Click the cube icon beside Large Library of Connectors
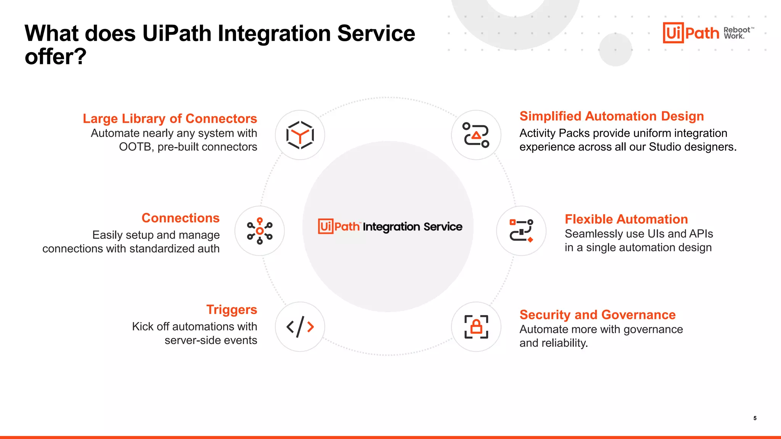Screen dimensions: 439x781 [300, 135]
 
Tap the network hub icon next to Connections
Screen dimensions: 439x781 [259, 231]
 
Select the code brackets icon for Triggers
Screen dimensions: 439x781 [300, 327]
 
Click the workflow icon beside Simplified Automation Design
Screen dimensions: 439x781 [476, 135]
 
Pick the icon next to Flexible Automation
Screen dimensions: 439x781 [521, 231]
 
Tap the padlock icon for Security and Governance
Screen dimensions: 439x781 [476, 327]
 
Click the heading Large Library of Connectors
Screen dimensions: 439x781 [170, 119]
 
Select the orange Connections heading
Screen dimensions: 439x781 [180, 218]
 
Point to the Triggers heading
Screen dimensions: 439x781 [231, 309]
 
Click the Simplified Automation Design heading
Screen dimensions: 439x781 [611, 116]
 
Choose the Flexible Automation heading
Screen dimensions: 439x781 [626, 219]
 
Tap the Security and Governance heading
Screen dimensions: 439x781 [597, 315]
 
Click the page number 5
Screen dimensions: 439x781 [755, 418]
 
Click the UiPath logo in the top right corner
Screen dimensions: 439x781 [690, 33]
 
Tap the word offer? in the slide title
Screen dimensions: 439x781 [56, 57]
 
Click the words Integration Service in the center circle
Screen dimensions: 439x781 [412, 227]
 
